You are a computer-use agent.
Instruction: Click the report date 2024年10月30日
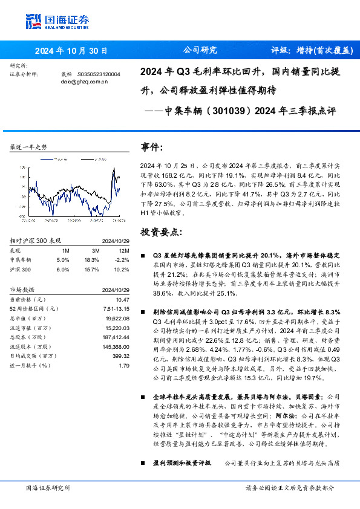click(71, 51)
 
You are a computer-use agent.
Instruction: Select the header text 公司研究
click(199, 51)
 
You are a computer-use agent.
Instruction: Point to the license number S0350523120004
click(99, 74)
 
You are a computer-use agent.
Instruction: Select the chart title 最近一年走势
click(29, 147)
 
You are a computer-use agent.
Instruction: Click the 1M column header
click(65, 250)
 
